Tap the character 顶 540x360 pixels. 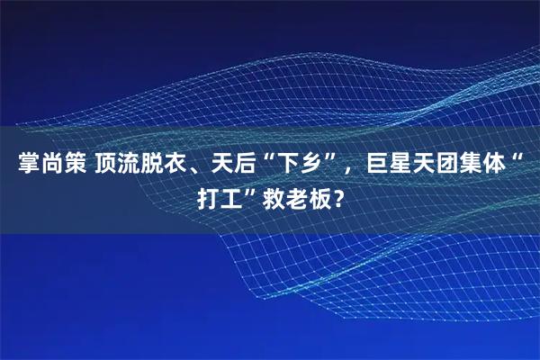pyautogui.click(x=105, y=166)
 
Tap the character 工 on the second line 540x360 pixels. pyautogui.click(x=233, y=198)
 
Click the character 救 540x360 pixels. pyautogui.click(x=274, y=198)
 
